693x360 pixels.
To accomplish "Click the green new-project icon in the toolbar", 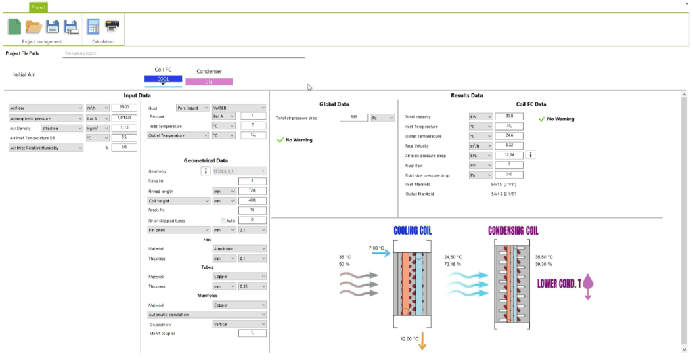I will (14, 26).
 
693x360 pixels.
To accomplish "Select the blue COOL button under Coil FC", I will (163, 78).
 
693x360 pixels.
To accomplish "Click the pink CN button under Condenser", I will (209, 82).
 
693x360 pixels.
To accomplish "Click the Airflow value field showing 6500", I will (124, 107).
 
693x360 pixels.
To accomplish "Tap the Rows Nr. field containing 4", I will (252, 181).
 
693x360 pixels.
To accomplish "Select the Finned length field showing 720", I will (252, 191).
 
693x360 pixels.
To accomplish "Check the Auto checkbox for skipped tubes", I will (223, 221).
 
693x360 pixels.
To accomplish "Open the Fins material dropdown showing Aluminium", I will (235, 249).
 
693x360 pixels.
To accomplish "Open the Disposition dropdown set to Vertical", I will (239, 323).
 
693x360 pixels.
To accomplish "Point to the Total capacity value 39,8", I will (508, 116).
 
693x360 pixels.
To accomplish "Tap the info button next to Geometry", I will (204, 172).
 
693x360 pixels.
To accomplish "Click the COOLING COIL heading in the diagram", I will (412, 231).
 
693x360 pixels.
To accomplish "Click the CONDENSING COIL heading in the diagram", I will (514, 231).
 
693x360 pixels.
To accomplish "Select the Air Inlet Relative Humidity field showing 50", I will (124, 147).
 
